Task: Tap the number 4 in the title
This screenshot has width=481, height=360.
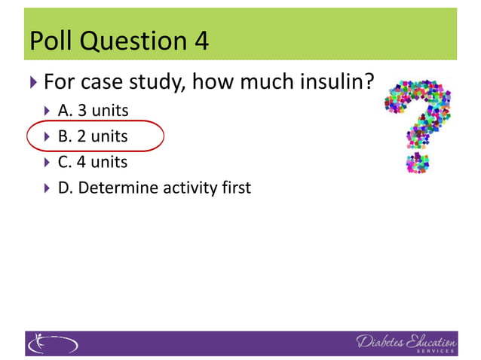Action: [x=200, y=41]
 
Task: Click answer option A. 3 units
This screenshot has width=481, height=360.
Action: [x=93, y=111]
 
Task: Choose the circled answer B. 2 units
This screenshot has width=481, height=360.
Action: [x=93, y=136]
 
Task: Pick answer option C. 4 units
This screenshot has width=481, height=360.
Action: [x=93, y=162]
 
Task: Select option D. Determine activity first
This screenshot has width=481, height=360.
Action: [x=154, y=188]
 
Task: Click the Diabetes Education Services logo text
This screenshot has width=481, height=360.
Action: [x=406, y=343]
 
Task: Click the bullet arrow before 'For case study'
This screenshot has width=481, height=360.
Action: [x=33, y=81]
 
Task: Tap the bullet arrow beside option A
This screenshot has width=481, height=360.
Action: [x=47, y=111]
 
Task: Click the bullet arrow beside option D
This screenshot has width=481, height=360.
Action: [x=47, y=188]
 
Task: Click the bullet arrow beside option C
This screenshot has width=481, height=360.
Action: [x=47, y=163]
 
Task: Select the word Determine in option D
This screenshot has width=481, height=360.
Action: [x=117, y=188]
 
